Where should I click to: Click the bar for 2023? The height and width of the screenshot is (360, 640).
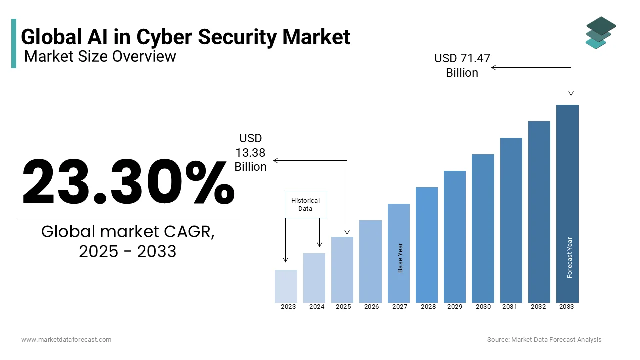point(286,286)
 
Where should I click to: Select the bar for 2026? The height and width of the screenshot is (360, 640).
point(370,261)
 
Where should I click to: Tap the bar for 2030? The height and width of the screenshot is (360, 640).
point(483,228)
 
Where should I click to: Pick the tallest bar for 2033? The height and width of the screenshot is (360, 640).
point(567,203)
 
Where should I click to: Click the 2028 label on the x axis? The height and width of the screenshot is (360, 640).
point(428,307)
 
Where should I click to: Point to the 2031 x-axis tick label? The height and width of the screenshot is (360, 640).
point(510,307)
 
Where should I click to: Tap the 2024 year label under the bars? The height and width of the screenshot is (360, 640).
point(317,307)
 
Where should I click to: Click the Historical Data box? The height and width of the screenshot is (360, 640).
point(305,204)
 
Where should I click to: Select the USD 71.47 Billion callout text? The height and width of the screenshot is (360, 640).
point(462,65)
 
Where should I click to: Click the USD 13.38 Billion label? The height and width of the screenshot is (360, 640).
point(251,152)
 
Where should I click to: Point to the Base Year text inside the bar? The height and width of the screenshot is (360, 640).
point(400,258)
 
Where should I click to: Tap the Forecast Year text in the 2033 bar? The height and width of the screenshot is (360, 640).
point(570,257)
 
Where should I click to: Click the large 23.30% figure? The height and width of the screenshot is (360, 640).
point(128,182)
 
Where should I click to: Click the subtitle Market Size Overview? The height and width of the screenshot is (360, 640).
point(100,56)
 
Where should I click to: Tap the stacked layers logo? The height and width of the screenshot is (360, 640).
point(600,33)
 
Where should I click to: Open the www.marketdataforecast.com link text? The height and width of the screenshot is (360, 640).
point(66,340)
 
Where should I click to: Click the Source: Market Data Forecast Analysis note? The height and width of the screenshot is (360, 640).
point(544,340)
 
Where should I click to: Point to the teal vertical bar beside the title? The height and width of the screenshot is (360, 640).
point(14,43)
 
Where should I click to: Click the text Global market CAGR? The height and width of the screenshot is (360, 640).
point(128,232)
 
